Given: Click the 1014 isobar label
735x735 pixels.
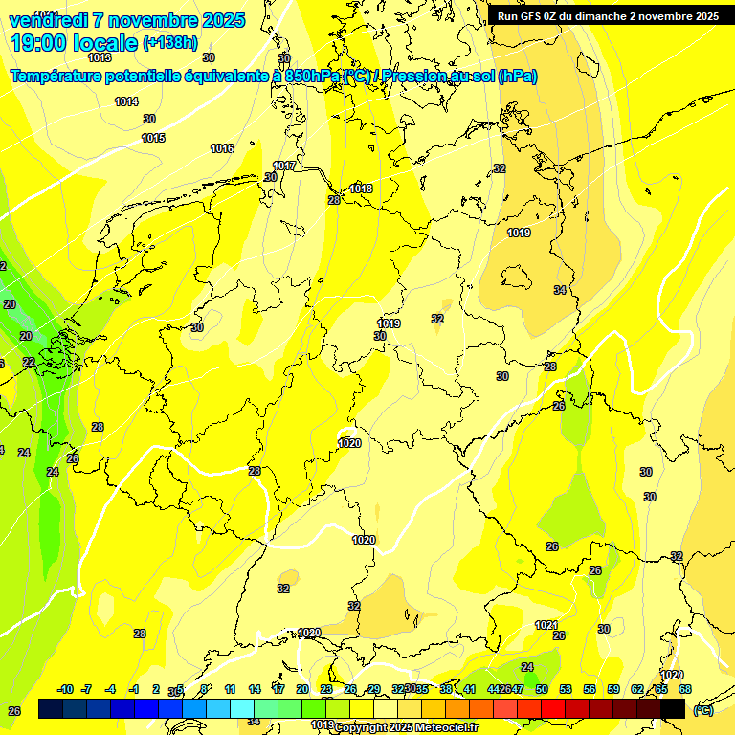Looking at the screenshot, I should [126, 101].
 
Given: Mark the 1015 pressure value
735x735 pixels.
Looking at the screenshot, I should [153, 139].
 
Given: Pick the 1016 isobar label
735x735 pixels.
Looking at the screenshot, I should [222, 148].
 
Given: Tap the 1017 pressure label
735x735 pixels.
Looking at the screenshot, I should [284, 166].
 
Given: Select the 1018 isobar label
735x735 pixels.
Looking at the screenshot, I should [361, 189].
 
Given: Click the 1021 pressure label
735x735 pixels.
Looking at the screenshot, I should [546, 625].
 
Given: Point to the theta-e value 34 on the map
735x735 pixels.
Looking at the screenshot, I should [560, 290].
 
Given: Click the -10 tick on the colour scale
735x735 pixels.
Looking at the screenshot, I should [65, 689].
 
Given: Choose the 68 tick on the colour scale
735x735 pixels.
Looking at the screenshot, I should [685, 689].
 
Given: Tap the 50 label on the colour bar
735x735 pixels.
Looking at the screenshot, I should [542, 689].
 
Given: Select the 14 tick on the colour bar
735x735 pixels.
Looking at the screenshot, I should [255, 689].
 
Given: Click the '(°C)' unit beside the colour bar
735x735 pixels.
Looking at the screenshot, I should [703, 710].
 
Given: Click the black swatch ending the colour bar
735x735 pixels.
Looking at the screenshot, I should [673, 708].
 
